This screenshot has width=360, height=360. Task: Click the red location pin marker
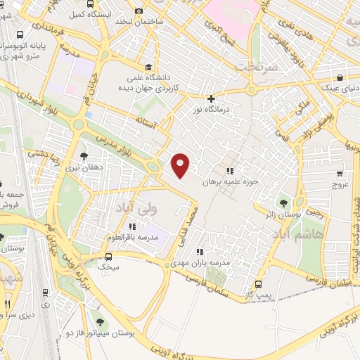click(x=181, y=165)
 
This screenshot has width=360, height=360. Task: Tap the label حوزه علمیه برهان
click(x=231, y=181)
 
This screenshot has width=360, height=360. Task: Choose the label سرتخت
click(x=255, y=66)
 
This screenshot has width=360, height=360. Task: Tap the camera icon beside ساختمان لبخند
click(x=138, y=11)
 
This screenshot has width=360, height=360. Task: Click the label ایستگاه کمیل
click(x=86, y=13)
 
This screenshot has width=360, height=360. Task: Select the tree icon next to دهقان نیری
click(x=84, y=156)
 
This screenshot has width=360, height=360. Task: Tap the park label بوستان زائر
click(x=285, y=212)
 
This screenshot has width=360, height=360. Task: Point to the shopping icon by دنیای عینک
click(x=340, y=78)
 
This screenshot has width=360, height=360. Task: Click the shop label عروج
click(x=340, y=184)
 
